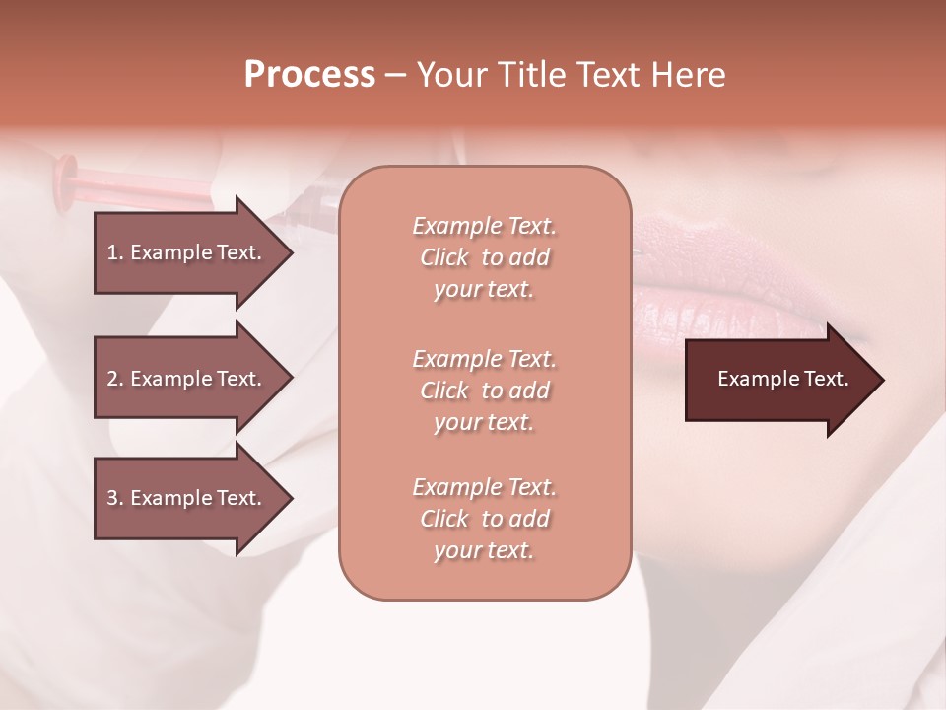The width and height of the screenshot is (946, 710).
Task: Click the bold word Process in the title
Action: pyautogui.click(x=309, y=75)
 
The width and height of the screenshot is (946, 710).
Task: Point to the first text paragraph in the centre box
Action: pyautogui.click(x=484, y=257)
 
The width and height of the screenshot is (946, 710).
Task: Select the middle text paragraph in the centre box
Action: pyautogui.click(x=484, y=390)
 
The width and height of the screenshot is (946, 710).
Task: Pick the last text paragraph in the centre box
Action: pyautogui.click(x=484, y=519)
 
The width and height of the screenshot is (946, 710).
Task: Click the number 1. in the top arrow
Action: pyautogui.click(x=115, y=252)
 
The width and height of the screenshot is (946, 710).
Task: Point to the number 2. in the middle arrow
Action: pyautogui.click(x=115, y=379)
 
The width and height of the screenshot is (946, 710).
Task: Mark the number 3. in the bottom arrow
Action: pyautogui.click(x=115, y=498)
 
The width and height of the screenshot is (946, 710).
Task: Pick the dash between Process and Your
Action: pyautogui.click(x=395, y=76)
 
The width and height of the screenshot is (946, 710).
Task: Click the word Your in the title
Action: pyautogui.click(x=449, y=75)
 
